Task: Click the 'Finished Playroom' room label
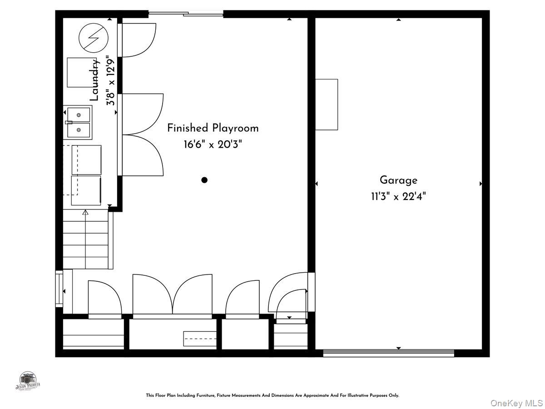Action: coord(213,128)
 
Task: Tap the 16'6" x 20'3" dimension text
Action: coord(213,145)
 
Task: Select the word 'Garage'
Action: coord(398,180)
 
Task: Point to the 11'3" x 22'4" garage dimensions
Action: coord(398,196)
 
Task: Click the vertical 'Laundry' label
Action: coord(94,80)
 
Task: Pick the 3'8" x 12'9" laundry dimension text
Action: coord(109,80)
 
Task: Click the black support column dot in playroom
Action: coord(204,180)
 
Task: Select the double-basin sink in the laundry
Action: coord(79,122)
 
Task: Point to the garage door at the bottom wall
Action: coord(388,353)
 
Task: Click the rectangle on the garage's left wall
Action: coord(327,105)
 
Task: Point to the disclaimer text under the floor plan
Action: coord(272,395)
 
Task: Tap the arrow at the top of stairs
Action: coord(85,212)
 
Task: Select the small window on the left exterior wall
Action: coord(59,289)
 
